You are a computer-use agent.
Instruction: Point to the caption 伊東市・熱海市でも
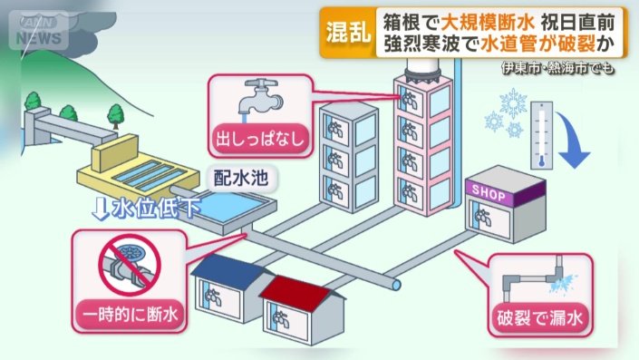[x=564, y=68]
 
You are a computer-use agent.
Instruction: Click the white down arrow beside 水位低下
[x=102, y=209]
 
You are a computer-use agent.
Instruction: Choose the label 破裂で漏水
[x=541, y=318]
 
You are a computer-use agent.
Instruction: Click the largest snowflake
[x=516, y=104]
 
